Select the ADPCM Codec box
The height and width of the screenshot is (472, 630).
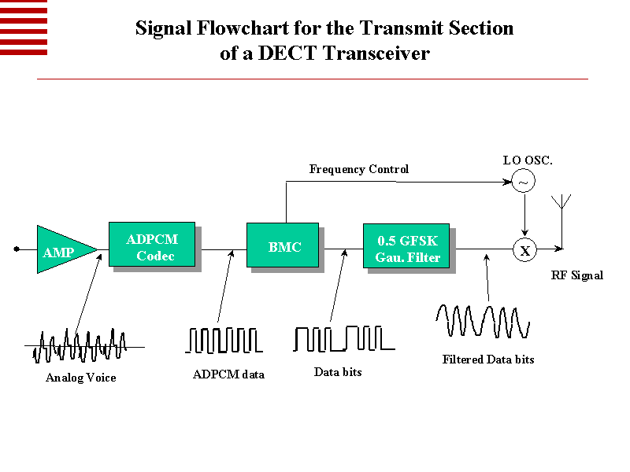pyautogui.click(x=151, y=247)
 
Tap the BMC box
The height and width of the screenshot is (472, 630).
pyautogui.click(x=284, y=247)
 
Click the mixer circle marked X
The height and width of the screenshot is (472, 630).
pyautogui.click(x=524, y=250)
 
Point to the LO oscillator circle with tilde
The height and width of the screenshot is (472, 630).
pyautogui.click(x=524, y=183)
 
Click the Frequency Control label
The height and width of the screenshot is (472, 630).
pyautogui.click(x=359, y=169)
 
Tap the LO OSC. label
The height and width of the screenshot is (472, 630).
pyautogui.click(x=528, y=160)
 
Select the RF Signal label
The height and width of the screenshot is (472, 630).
pyautogui.click(x=577, y=275)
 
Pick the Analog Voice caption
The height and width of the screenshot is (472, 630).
pyautogui.click(x=81, y=378)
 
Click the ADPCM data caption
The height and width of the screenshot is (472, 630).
pyautogui.click(x=228, y=374)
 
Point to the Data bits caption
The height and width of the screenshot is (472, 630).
pyautogui.click(x=338, y=371)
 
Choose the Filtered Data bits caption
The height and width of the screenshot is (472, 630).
pyautogui.click(x=488, y=360)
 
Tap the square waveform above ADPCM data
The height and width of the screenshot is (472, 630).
pyautogui.click(x=224, y=340)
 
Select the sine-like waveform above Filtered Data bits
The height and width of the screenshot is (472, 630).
pyautogui.click(x=483, y=321)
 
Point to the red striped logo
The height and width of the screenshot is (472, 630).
pyautogui.click(x=24, y=28)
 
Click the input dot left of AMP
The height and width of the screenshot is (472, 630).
pyautogui.click(x=16, y=249)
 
